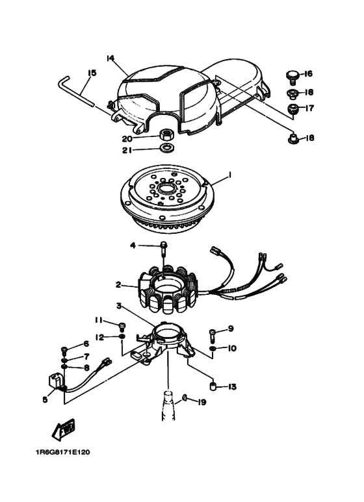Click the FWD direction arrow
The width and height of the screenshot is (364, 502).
tap(64, 429)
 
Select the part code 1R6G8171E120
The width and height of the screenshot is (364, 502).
tap(62, 452)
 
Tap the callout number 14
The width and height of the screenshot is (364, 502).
tap(110, 58)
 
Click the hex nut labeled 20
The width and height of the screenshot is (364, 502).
tap(166, 134)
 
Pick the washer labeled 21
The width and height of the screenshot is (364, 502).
tap(166, 148)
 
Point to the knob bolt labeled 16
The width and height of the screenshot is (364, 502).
tap(292, 77)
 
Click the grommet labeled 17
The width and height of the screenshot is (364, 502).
tap(292, 109)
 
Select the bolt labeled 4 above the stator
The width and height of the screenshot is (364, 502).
tap(163, 248)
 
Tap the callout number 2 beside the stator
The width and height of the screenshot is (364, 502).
tap(118, 284)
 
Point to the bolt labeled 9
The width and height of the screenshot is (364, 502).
tap(212, 335)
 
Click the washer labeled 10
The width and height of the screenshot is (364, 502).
tap(213, 348)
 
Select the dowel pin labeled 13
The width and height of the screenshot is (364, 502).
tap(213, 386)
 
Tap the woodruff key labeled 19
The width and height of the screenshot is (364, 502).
tap(185, 397)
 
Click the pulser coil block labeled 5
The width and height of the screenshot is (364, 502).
tap(55, 381)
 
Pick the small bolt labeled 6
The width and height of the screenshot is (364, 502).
tap(64, 350)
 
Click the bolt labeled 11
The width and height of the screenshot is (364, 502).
tap(122, 327)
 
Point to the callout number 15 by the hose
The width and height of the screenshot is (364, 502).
tap(92, 73)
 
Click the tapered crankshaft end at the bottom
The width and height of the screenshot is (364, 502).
tap(167, 405)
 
